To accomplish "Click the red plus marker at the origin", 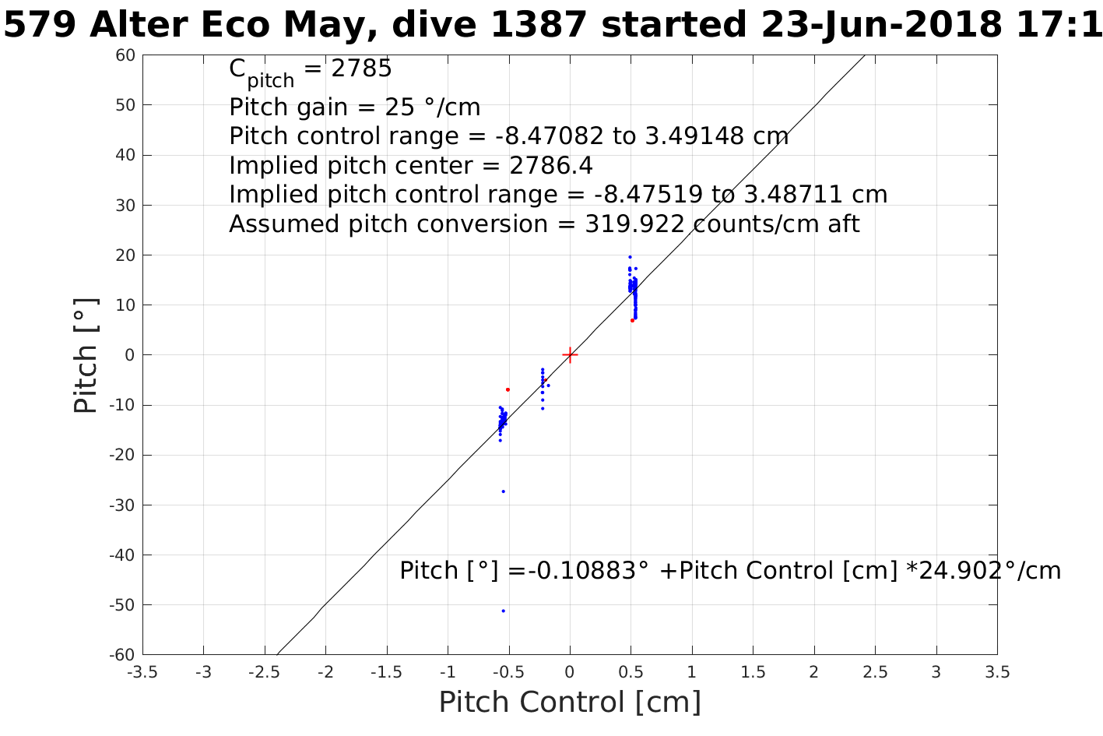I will coord(570,355).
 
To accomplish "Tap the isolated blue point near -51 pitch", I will coord(504,611).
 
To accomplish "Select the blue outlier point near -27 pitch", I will coord(504,491).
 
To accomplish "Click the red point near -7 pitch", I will coord(508,389).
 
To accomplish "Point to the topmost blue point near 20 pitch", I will coord(630,257).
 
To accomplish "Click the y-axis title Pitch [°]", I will coord(86,355).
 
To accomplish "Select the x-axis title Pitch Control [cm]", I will coord(570,703).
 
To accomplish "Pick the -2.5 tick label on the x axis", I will coord(264,672).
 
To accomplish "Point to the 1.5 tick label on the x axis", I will coord(753,672).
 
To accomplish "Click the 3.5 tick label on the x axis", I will coord(997,672).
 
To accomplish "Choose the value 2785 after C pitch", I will coord(361,69).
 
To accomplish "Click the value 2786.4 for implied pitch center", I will coord(550,166).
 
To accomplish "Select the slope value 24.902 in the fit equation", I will coord(956,571).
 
